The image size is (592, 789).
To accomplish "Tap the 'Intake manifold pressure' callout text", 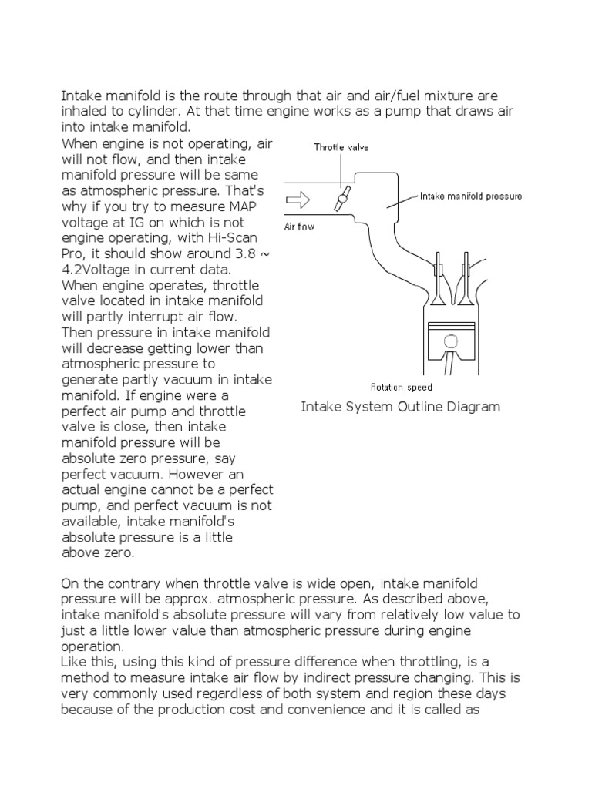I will [x=471, y=196].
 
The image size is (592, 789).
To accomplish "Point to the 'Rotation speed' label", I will [x=402, y=388].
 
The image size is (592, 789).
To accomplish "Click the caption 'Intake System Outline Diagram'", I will [x=400, y=407].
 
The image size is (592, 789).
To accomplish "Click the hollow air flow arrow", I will [x=298, y=200].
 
